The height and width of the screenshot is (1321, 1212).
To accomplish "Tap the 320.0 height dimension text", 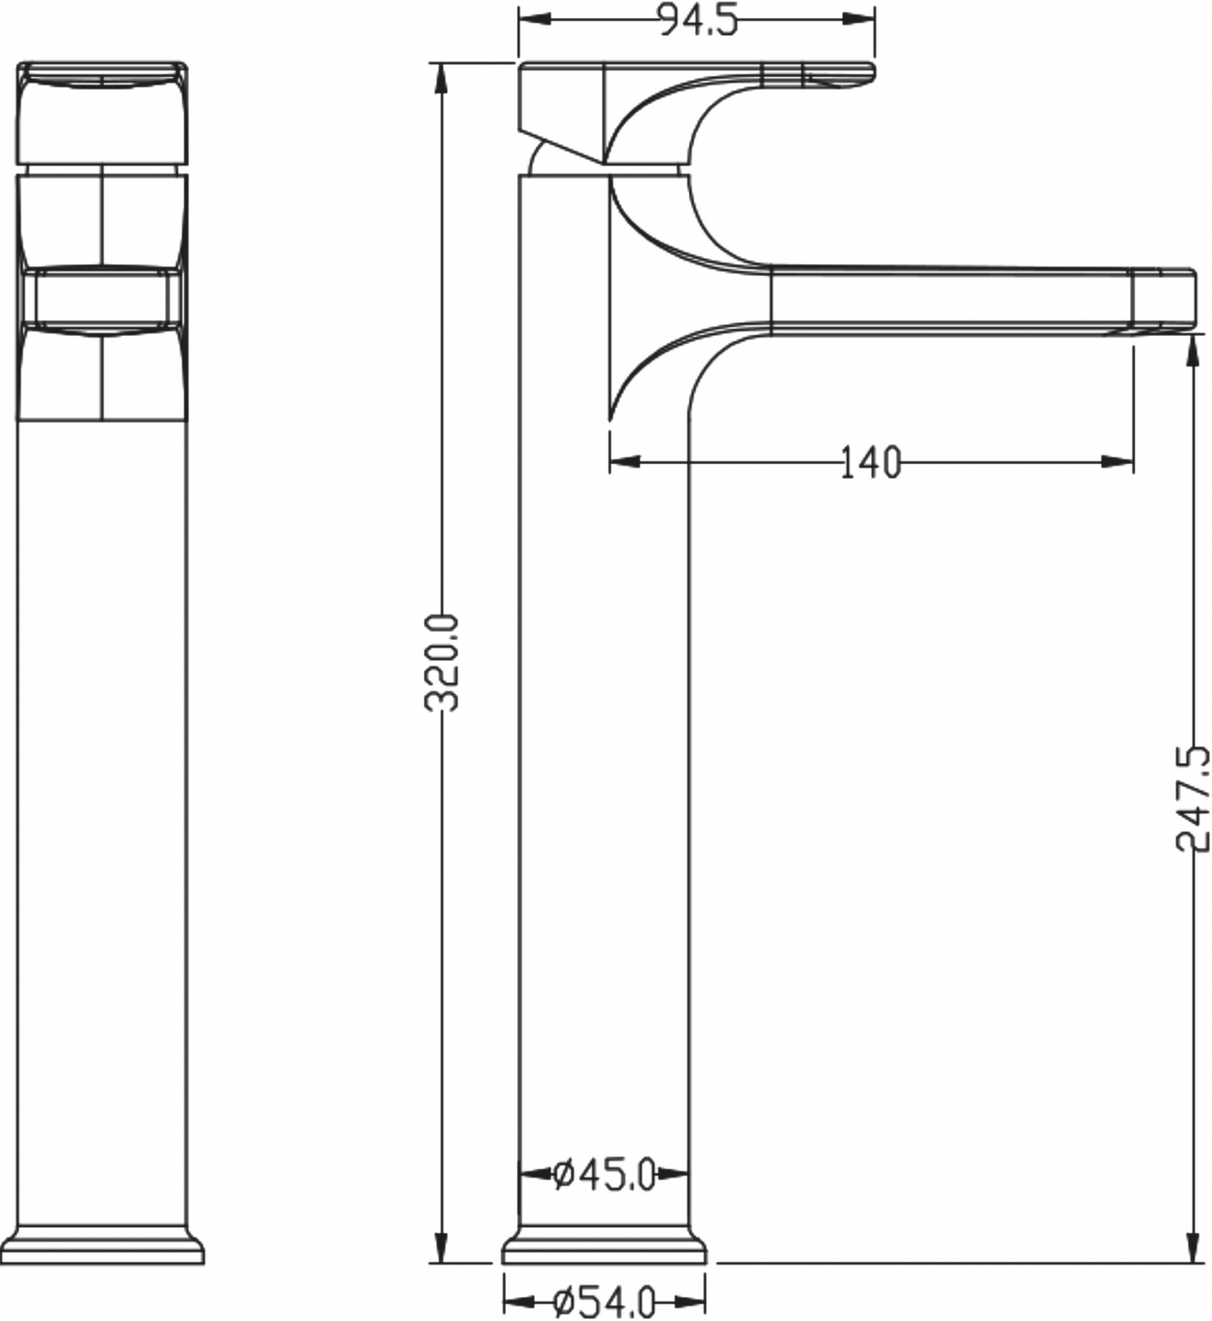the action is (x=442, y=663).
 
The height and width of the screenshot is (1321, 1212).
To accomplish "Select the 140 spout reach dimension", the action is (x=870, y=462).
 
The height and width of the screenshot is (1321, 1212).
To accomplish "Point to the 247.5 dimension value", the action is (x=1193, y=798).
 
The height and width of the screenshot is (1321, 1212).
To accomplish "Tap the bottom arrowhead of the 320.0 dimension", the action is (x=442, y=1247).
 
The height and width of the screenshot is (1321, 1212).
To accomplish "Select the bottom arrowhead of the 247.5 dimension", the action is (x=1193, y=1247).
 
